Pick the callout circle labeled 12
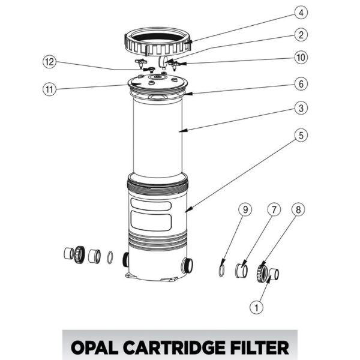point(50,62)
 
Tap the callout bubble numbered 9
point(244,210)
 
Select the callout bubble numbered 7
point(273,210)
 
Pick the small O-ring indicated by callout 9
point(222,271)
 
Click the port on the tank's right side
point(190,264)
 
